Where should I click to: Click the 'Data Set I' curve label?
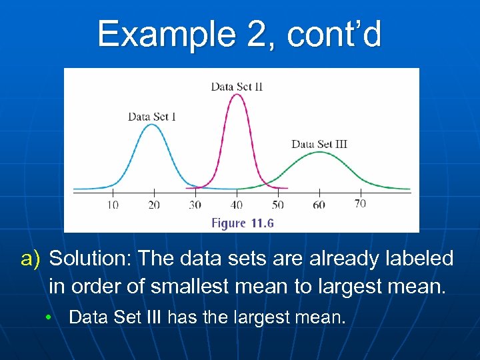(x=152, y=117)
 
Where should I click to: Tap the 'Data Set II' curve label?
(x=237, y=86)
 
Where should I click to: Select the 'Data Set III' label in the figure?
(x=319, y=144)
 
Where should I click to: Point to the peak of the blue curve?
(x=153, y=125)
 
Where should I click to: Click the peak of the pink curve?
(x=237, y=94)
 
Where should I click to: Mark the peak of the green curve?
(x=320, y=152)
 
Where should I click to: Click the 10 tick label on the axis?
(x=113, y=205)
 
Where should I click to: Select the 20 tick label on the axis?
(x=153, y=205)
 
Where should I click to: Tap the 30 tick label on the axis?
(x=195, y=205)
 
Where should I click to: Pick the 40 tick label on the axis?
(x=237, y=205)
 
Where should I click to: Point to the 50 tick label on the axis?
(x=277, y=205)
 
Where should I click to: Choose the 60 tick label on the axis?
(x=319, y=205)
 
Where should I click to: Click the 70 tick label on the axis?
(x=360, y=203)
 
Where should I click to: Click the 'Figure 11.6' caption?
(x=243, y=223)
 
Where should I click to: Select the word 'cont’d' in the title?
(x=334, y=34)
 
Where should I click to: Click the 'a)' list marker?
(x=31, y=259)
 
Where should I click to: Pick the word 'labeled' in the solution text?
(x=417, y=259)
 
